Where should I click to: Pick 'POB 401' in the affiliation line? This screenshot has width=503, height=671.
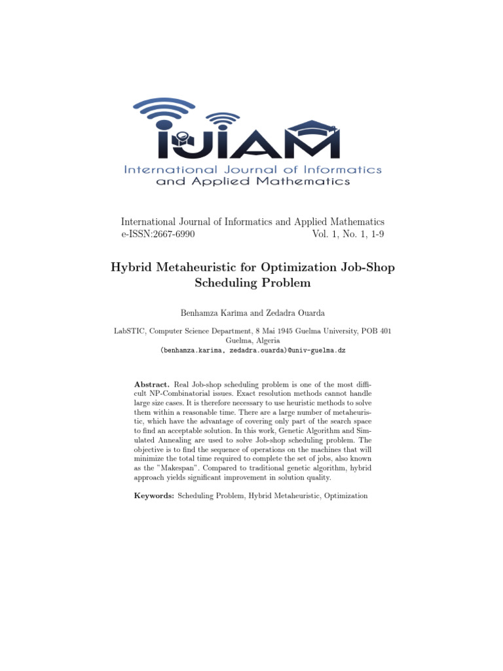(378, 332)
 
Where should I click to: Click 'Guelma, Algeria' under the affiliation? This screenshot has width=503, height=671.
(252, 341)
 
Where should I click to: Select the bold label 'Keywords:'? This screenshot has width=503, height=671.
(154, 496)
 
